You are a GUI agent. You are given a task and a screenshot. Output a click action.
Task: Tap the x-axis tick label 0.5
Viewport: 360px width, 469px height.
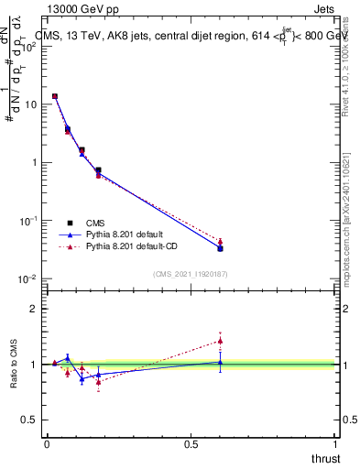(x=191, y=443)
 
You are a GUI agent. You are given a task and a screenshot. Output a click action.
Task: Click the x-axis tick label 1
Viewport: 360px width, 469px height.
(x=336, y=443)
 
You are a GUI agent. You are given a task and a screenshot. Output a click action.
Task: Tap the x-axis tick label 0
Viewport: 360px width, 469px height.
(x=47, y=443)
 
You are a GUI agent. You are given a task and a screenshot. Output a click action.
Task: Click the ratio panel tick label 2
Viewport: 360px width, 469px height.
(x=34, y=309)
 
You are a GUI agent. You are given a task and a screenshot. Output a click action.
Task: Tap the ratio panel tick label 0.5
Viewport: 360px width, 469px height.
(x=29, y=420)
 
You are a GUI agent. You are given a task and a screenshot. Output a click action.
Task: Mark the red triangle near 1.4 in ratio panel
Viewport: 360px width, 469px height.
(x=220, y=341)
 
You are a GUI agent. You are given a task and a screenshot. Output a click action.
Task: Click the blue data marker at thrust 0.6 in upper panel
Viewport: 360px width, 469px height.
(x=220, y=248)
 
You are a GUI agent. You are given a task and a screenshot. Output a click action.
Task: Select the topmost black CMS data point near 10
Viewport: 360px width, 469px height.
(x=55, y=96)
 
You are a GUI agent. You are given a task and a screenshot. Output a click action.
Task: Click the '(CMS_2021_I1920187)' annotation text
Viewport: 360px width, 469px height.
(x=191, y=273)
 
